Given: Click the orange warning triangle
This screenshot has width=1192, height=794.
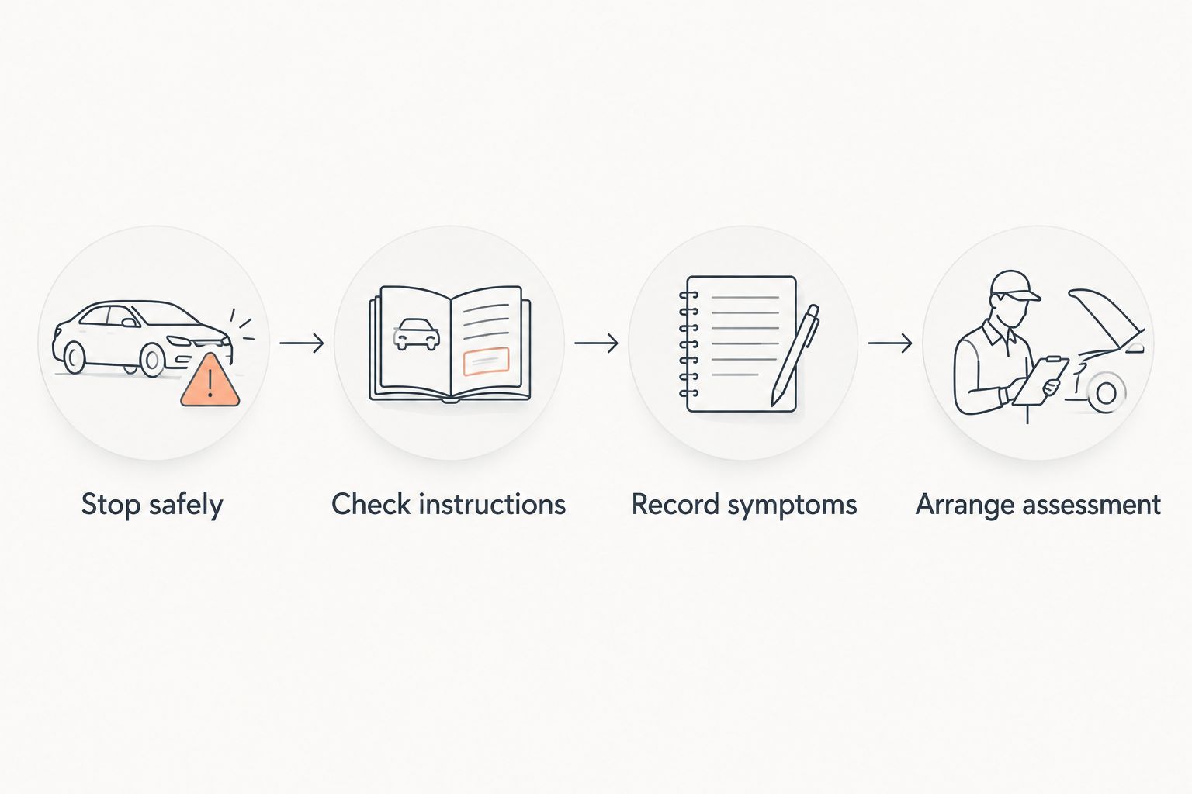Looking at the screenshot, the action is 210,381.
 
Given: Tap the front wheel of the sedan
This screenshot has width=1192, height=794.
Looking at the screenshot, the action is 152,360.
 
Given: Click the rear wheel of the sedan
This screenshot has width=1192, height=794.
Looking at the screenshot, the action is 74,357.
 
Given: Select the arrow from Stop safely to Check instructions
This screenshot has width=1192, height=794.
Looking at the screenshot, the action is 302,343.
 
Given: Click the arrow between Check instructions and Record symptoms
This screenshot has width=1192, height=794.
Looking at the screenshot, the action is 597,343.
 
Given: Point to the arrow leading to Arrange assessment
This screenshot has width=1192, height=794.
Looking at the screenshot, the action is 890,343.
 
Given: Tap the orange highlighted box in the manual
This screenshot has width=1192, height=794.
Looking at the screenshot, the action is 486,361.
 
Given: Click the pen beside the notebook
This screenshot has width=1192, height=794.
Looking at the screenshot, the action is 795,354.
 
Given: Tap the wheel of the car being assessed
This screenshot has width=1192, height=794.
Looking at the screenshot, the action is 1107,393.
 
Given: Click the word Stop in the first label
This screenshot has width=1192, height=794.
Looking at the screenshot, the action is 111,505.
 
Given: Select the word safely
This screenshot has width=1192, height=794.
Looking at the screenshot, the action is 186,505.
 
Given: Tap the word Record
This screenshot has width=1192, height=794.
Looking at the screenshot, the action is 675,504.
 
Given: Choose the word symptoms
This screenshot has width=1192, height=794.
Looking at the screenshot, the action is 792,506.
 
